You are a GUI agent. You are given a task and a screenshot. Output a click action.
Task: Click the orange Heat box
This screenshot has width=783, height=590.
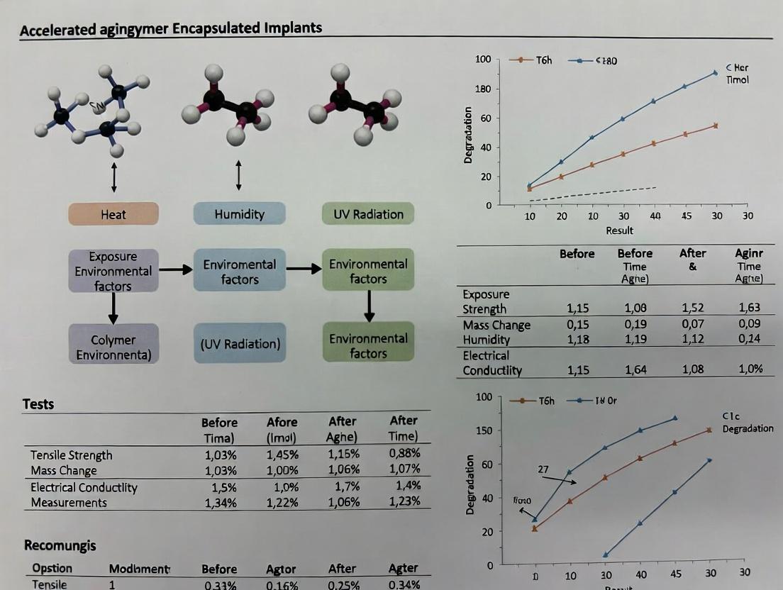113,214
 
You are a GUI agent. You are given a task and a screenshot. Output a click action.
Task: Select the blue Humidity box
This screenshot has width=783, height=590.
239,214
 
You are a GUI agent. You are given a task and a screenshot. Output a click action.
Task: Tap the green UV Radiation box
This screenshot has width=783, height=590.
368,214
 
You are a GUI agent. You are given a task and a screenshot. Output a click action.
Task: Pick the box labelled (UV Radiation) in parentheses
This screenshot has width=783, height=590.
240,344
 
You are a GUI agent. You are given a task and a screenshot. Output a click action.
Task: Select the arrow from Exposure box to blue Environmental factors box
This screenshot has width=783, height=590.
175,269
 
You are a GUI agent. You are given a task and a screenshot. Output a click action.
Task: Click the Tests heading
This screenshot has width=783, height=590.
38,404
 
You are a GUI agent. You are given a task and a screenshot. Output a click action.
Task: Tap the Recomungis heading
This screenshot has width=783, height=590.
60,545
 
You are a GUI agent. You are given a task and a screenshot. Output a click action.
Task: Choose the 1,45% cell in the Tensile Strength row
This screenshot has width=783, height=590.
282,455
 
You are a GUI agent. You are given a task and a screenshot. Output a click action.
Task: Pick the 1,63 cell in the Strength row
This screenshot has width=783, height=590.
748,308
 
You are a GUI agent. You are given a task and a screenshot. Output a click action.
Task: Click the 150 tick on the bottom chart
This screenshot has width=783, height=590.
483,431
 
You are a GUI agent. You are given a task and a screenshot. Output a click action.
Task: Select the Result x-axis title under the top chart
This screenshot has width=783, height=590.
619,230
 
